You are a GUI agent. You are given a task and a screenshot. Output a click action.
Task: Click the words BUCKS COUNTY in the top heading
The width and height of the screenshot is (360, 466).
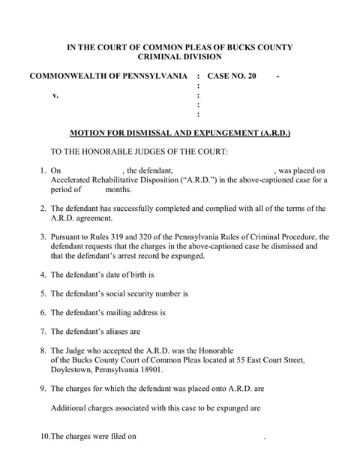coord(259,47)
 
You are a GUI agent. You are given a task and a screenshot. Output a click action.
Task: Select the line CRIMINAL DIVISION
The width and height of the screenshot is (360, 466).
coord(180,57)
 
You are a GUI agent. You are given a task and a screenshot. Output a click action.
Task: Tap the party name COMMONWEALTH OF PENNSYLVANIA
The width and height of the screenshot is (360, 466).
coord(108,77)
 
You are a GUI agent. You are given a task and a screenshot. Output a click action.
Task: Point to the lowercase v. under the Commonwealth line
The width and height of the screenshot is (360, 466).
coord(55,96)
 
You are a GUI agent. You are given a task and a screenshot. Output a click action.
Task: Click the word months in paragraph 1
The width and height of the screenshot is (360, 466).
coord(118,190)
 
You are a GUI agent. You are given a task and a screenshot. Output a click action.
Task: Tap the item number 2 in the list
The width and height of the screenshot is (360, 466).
coord(43,209)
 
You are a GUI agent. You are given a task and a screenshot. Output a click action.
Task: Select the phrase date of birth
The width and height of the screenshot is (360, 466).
coord(130,275)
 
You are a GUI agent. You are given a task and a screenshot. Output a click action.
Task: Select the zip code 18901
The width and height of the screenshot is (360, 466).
coord(148,369)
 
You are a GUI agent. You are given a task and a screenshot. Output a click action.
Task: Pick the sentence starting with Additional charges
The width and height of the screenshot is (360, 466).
coord(155,408)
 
